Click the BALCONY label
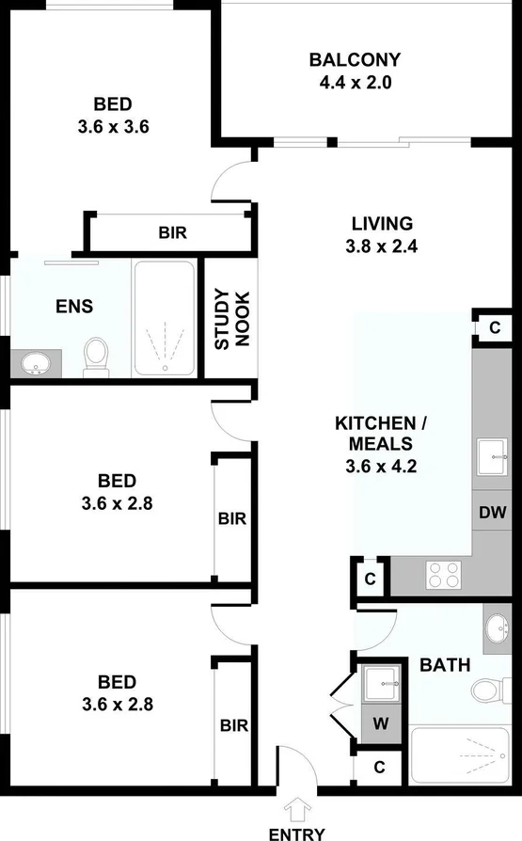tap(355, 60)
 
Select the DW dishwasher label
tap(493, 513)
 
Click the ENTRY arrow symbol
tap(298, 808)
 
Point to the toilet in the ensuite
tap(96, 356)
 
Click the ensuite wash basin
tap(36, 362)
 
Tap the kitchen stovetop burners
tap(444, 574)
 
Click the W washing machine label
tap(380, 725)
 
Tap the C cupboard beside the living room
tap(495, 327)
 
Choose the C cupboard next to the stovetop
tap(370, 579)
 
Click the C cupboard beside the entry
tap(379, 767)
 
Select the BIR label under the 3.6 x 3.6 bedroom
tap(172, 231)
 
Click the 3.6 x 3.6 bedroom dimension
tap(112, 124)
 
